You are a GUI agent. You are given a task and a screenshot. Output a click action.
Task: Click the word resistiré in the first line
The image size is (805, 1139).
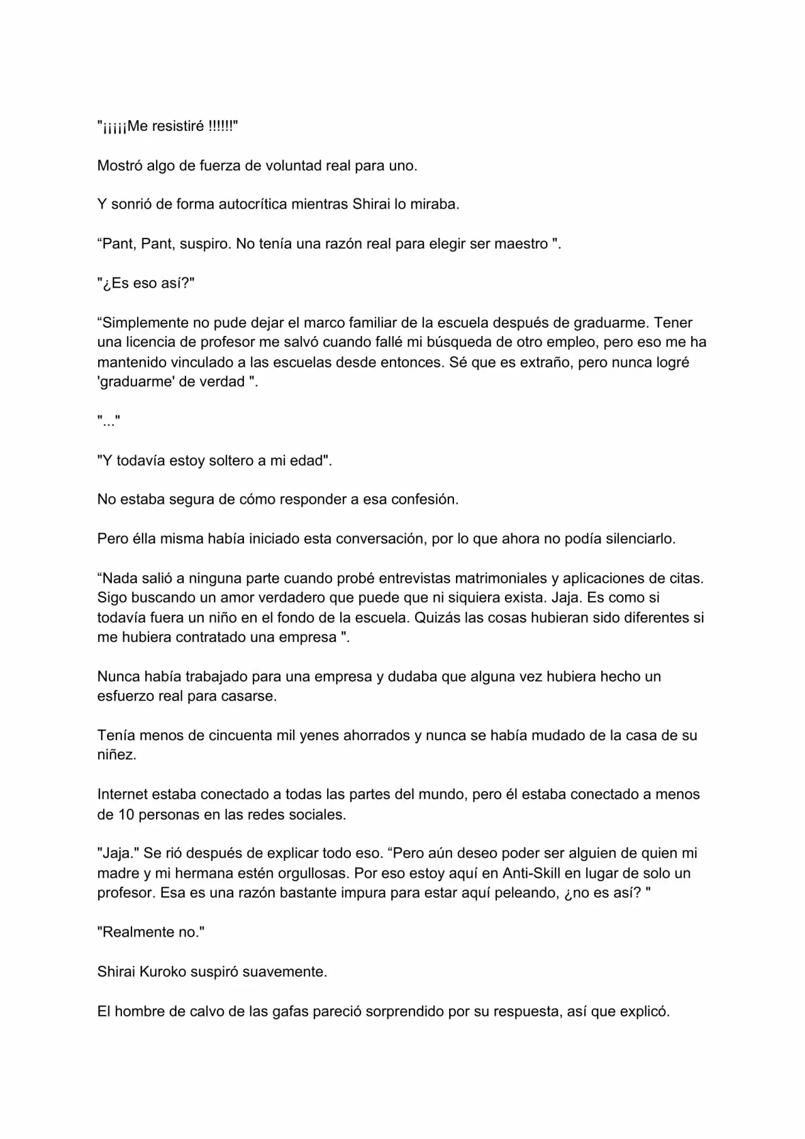point(178,126)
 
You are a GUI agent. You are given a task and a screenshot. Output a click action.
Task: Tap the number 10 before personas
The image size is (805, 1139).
point(126,815)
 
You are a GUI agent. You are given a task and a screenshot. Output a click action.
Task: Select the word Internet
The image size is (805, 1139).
point(124,795)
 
